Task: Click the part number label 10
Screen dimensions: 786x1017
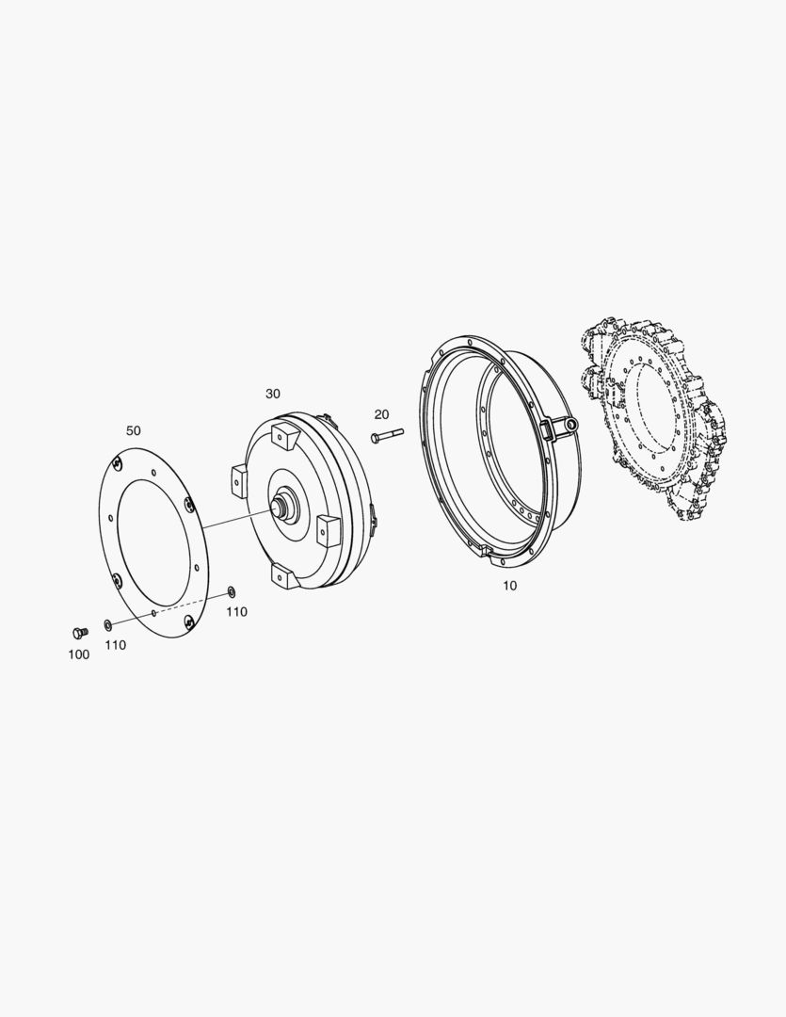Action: [x=510, y=586]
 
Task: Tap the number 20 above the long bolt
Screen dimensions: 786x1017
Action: [x=381, y=414]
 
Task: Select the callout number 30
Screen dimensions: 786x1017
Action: [x=272, y=394]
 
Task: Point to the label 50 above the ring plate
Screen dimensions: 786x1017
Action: [x=133, y=430]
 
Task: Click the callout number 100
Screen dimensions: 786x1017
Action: [x=78, y=654]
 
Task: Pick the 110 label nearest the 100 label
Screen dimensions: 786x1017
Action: [x=116, y=645]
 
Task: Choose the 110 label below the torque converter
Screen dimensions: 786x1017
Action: [x=236, y=612]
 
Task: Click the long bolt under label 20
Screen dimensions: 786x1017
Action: [x=387, y=435]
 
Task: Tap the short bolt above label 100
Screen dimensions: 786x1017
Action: [x=80, y=632]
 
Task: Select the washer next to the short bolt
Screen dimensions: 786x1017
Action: [x=107, y=624]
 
